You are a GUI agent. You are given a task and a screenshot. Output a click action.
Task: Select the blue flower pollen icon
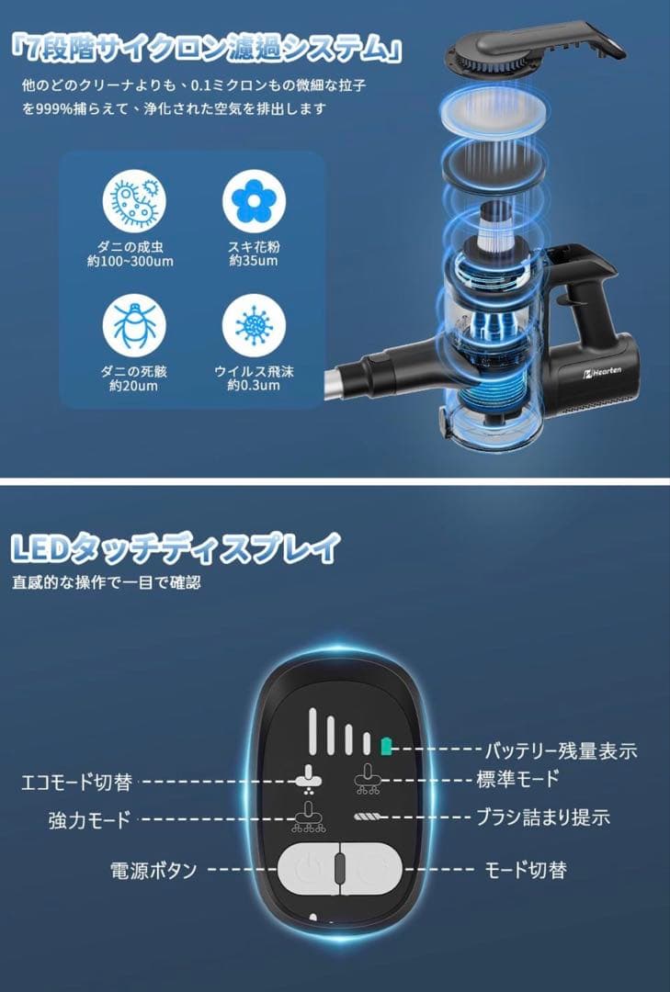pyautogui.click(x=249, y=204)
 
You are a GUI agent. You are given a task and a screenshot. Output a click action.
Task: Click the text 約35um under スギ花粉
pyautogui.click(x=249, y=262)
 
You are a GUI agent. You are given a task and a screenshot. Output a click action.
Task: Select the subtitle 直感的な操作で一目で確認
pyautogui.click(x=107, y=582)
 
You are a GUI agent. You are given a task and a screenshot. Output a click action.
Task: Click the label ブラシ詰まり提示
pyautogui.click(x=542, y=816)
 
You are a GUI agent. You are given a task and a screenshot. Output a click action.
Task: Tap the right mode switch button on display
pyautogui.click(x=371, y=866)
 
